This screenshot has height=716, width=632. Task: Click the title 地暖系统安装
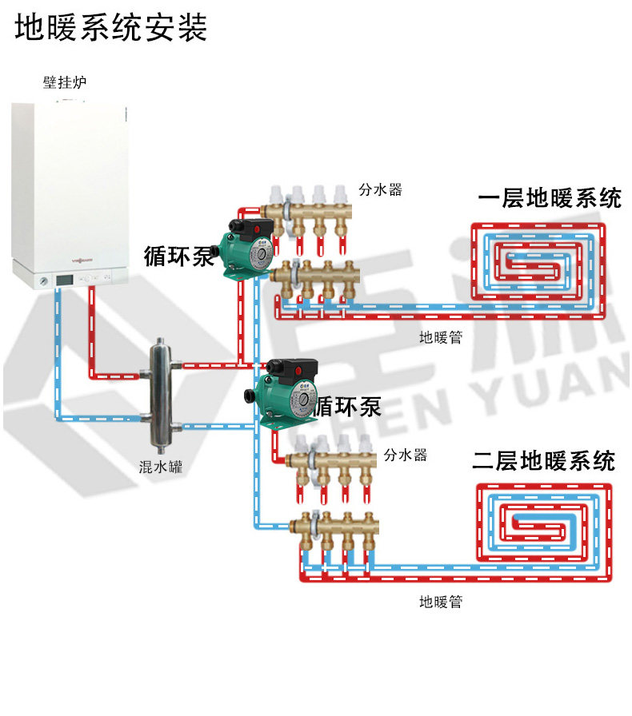[111, 27]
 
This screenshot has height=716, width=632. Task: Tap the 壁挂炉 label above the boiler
[65, 82]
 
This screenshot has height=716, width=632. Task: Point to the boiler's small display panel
[64, 280]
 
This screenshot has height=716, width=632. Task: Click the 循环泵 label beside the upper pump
[179, 256]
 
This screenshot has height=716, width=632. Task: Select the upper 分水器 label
[379, 190]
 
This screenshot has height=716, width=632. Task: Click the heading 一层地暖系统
[550, 197]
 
